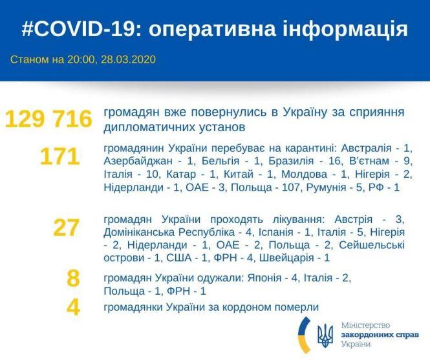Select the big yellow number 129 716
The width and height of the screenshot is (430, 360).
tap(48, 118)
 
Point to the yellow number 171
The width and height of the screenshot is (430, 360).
tap(59, 157)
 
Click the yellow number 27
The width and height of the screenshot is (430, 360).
tap(67, 228)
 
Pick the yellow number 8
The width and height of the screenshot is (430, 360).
tap(73, 279)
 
